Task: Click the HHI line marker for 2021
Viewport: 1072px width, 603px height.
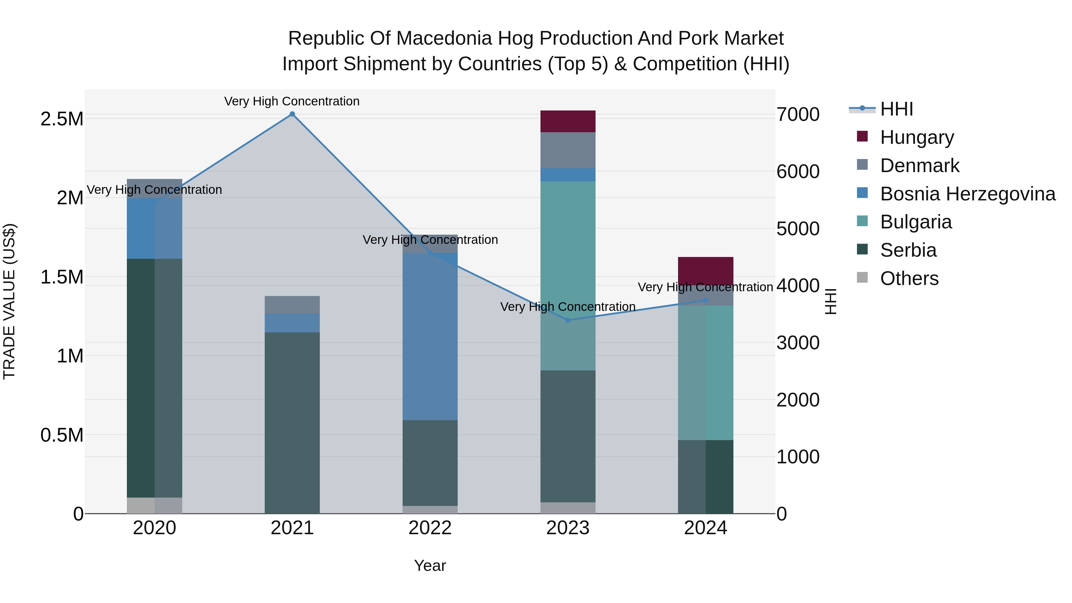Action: (x=292, y=114)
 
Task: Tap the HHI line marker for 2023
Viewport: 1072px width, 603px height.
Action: (x=568, y=320)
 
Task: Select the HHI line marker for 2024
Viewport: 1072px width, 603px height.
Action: (x=706, y=300)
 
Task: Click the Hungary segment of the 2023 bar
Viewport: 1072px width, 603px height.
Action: (x=568, y=121)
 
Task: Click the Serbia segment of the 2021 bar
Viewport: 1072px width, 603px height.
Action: (x=292, y=422)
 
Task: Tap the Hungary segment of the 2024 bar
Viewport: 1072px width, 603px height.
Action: (x=706, y=270)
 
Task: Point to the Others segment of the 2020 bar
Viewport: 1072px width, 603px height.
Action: (x=154, y=505)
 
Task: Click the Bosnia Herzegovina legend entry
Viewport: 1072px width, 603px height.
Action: (x=967, y=194)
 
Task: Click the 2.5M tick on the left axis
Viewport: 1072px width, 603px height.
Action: (x=62, y=119)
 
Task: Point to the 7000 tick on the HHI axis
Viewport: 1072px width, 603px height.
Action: (x=798, y=114)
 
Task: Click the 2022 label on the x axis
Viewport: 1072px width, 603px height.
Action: (x=430, y=528)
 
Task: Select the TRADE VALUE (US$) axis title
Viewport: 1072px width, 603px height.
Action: (x=9, y=301)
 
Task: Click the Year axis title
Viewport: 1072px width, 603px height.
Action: (x=430, y=565)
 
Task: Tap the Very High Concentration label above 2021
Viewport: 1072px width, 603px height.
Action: (x=292, y=101)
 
